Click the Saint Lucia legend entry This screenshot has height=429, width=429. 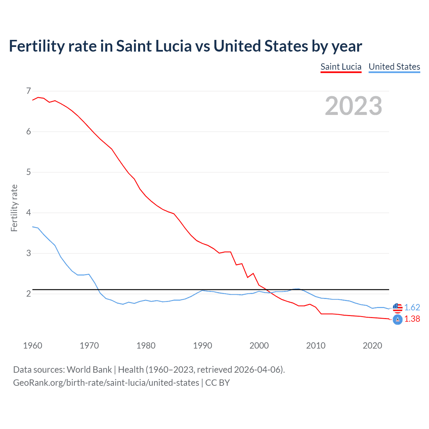tap(341, 67)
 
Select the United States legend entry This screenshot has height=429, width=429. tap(394, 67)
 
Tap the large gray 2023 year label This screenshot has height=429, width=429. tap(353, 106)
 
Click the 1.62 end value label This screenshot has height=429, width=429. tap(412, 307)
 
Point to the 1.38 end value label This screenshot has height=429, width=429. tap(412, 319)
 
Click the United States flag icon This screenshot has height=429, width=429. tap(397, 307)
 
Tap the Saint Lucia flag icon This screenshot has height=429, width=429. tap(397, 320)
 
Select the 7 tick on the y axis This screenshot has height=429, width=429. tap(28, 91)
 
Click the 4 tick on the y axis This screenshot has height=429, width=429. tap(28, 212)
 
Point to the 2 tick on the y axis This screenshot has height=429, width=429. tap(28, 294)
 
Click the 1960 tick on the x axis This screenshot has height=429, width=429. tap(33, 346)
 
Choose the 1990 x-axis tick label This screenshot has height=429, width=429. tap(202, 346)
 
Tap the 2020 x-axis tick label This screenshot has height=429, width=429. tap(372, 346)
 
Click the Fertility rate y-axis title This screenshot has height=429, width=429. tap(14, 208)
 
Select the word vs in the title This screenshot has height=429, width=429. tap(202, 46)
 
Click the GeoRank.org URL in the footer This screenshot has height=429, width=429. tap(106, 383)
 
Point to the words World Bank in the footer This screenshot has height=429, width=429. tap(89, 370)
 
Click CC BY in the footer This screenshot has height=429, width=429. tap(218, 383)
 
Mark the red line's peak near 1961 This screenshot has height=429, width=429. tap(38, 97)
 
